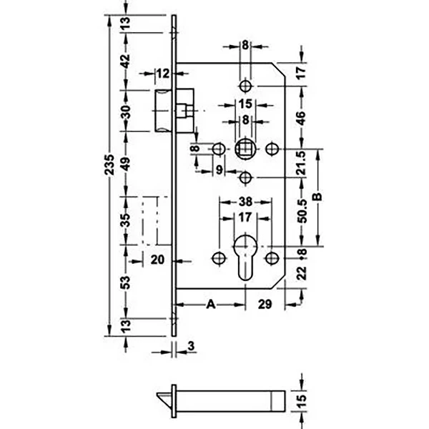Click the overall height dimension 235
109,164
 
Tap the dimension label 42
126,61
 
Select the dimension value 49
126,164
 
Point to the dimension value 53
125,282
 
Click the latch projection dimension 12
163,74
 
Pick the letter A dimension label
211,304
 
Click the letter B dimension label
317,197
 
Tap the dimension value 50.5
302,212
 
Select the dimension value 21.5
301,163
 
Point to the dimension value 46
301,118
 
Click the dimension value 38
245,202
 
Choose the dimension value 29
265,304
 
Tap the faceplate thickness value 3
191,346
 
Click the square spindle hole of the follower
245,149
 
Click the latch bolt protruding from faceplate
163,111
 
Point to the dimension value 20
157,260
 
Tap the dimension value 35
125,220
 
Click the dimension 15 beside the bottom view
301,401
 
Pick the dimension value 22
302,273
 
